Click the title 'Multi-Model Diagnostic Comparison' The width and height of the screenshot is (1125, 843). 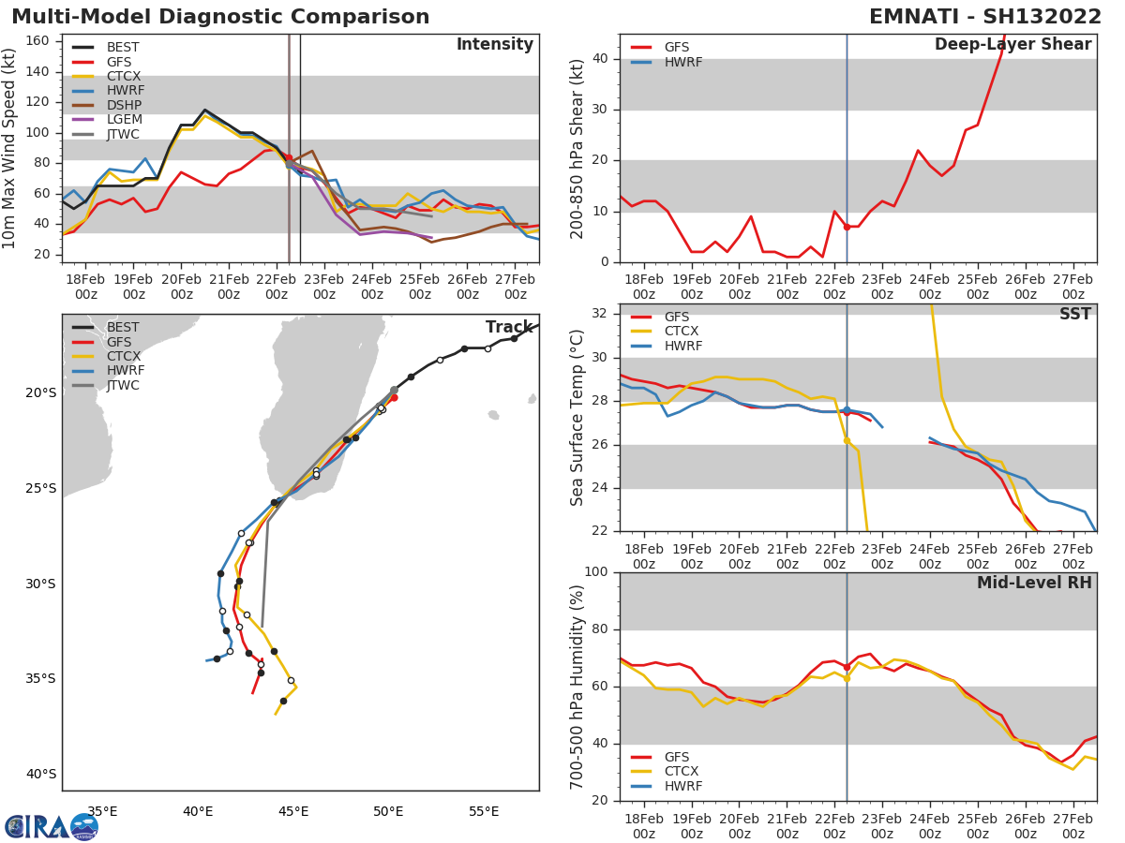tap(220, 17)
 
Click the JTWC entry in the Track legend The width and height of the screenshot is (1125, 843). tap(123, 385)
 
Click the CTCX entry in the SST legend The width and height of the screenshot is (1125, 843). tap(682, 332)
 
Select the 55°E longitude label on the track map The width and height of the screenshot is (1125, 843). tap(484, 811)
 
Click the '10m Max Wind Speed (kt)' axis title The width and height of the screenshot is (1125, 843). tap(11, 148)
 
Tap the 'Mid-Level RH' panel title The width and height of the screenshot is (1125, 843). tap(1034, 583)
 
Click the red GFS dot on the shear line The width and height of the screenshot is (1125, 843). tap(847, 227)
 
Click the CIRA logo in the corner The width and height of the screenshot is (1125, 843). tap(51, 826)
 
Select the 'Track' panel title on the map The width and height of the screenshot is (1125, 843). tap(509, 327)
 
